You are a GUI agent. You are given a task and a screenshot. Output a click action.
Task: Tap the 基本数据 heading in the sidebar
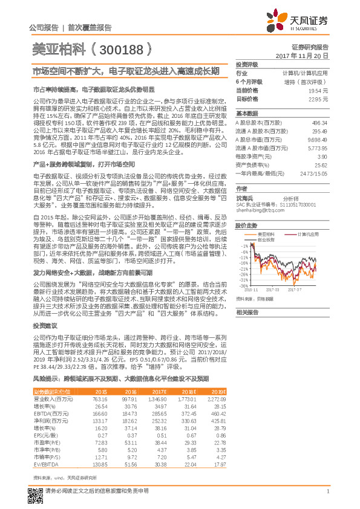click(x=247, y=113)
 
